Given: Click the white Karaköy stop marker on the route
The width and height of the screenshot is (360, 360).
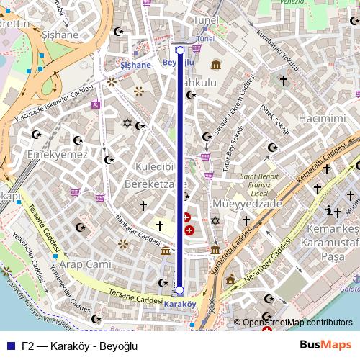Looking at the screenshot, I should coord(180,290).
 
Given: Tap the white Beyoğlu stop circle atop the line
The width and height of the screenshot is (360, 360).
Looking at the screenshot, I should coord(180,50).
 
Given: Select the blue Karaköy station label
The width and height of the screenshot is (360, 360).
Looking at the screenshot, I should coord(180,304).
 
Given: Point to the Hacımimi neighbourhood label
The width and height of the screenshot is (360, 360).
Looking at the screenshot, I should coord(323,117).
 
